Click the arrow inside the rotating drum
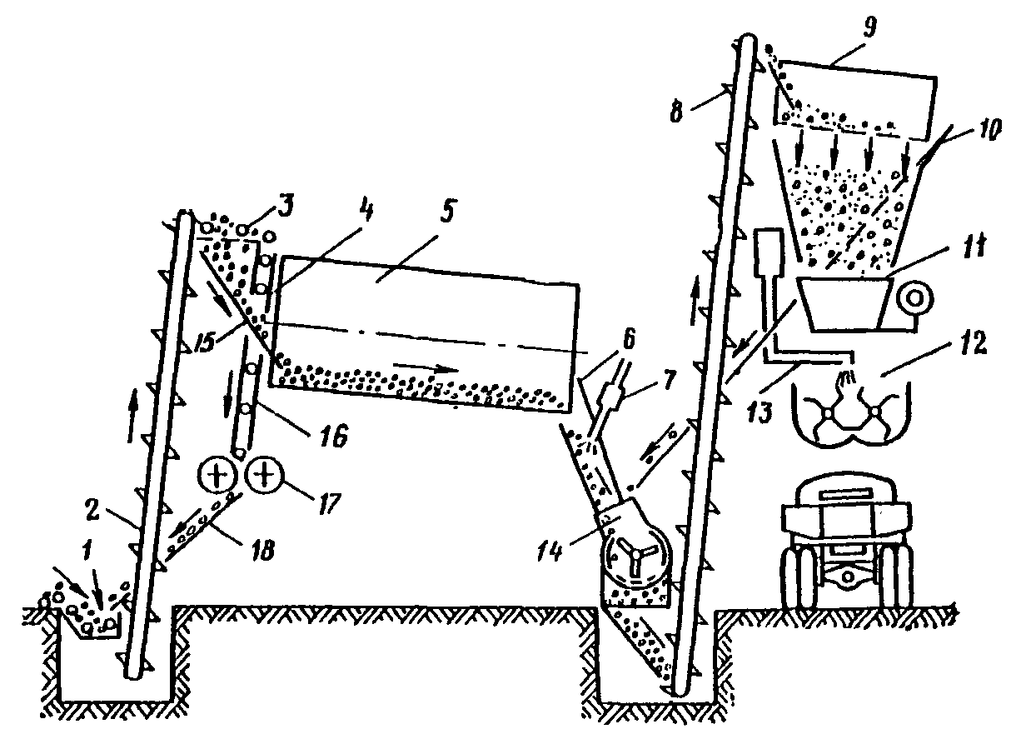pyautogui.click(x=425, y=367)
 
